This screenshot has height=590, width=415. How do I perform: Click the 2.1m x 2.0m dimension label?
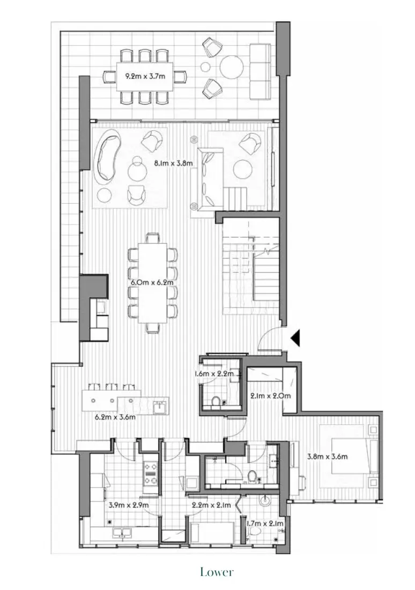click(x=270, y=396)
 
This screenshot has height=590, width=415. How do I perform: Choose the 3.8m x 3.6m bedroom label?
click(x=328, y=457)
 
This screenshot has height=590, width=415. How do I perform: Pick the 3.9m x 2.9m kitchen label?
click(x=129, y=505)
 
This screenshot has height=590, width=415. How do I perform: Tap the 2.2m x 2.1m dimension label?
click(x=211, y=505)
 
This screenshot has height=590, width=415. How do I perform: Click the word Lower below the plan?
click(x=217, y=572)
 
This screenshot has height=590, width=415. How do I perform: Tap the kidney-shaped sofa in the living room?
click(x=109, y=157)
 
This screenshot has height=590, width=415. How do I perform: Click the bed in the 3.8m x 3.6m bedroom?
click(x=349, y=449)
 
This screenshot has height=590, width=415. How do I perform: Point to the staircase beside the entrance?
click(x=252, y=263)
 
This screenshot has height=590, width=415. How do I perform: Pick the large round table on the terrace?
click(x=233, y=68)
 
